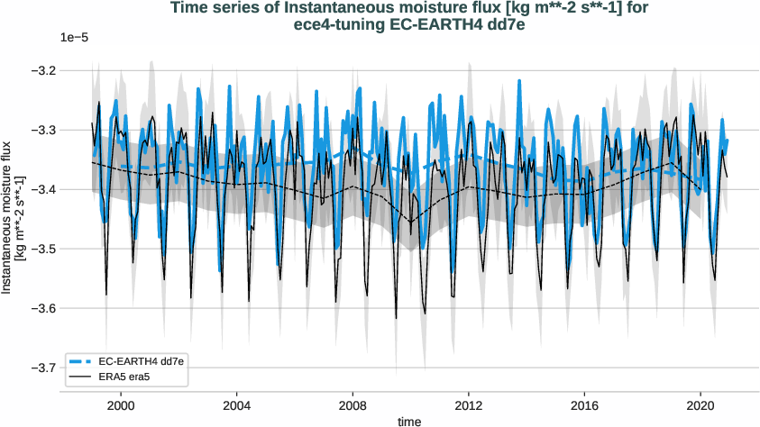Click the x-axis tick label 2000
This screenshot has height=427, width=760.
point(121,405)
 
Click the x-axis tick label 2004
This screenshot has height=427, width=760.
point(237,405)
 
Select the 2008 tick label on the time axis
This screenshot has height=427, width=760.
point(353,405)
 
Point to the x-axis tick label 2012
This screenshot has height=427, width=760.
point(469,405)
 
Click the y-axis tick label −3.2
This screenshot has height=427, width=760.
point(69,70)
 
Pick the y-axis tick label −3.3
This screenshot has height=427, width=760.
point(69,130)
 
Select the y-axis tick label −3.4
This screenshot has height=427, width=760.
point(69,189)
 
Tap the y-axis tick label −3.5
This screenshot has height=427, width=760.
point(69,249)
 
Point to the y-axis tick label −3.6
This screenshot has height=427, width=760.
point(69,308)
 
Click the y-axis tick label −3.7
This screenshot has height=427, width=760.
point(69,368)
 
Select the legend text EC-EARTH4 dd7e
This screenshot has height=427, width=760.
point(135,360)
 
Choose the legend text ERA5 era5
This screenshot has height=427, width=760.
point(123,376)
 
